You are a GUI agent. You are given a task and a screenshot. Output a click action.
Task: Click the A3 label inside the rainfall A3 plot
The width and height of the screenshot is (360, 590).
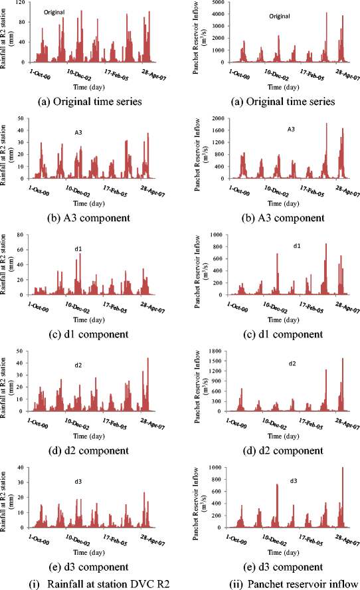[x=78, y=132]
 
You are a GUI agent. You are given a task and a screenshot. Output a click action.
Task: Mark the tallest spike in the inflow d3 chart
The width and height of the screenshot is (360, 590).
[x=343, y=468]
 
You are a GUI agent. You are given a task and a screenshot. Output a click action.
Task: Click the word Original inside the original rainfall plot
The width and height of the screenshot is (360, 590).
[x=54, y=12]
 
